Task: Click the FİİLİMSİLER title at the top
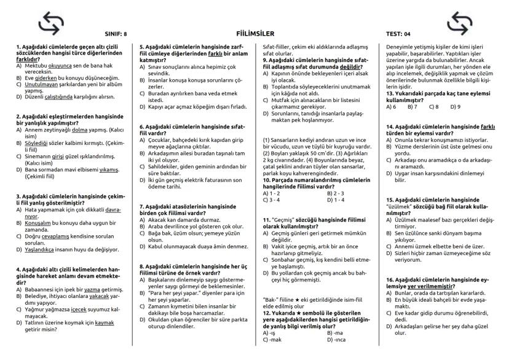click(254, 33)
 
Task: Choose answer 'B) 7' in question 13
click(411, 106)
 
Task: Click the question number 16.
click(390, 279)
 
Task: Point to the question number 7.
click(142, 206)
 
